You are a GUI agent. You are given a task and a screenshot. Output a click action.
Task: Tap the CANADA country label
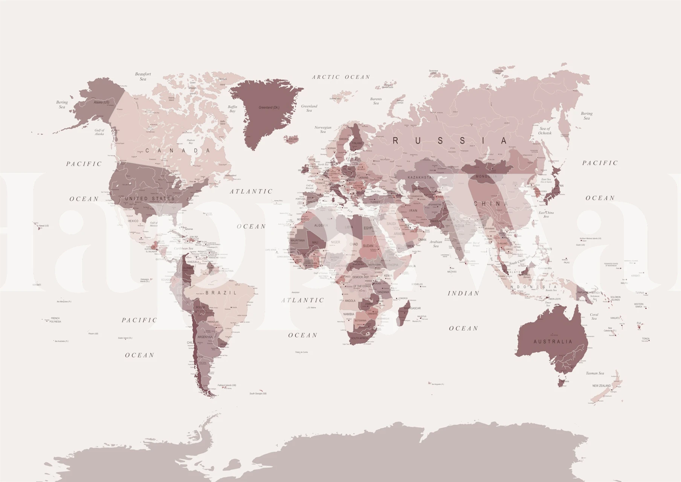click(x=177, y=151)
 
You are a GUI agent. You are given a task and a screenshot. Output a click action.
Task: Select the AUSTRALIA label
click(x=553, y=342)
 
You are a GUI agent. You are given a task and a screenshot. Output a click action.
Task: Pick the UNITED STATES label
click(x=150, y=198)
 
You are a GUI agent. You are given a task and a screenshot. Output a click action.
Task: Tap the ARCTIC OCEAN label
click(x=341, y=77)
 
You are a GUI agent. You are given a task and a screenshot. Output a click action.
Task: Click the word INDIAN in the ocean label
click(x=463, y=293)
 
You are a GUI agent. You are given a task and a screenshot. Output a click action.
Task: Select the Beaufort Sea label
click(x=143, y=76)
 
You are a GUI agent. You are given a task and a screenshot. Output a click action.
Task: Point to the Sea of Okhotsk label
click(x=545, y=131)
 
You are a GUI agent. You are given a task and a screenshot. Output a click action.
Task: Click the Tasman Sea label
click(x=595, y=373)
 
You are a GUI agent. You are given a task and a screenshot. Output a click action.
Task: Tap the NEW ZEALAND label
click(x=602, y=386)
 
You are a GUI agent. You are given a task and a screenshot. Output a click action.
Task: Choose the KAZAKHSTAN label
click(x=421, y=177)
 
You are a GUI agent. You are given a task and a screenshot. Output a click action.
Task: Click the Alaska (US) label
click(x=101, y=102)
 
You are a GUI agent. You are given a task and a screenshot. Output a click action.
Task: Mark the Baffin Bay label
click(x=232, y=109)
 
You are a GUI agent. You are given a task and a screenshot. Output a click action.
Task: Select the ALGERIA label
click(x=321, y=225)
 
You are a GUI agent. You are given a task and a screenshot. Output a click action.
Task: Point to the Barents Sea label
click(x=376, y=101)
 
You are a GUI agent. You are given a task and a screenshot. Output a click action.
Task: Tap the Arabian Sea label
click(x=436, y=244)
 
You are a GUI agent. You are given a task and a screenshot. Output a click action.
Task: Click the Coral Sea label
click(x=594, y=316)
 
